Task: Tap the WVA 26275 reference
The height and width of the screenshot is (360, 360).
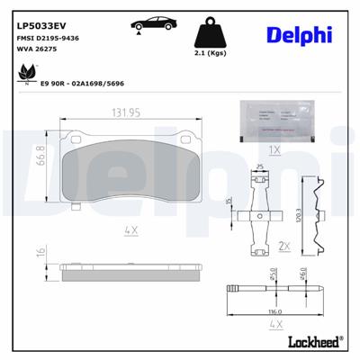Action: [x=35, y=49]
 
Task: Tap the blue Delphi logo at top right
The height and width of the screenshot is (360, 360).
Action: [x=300, y=35]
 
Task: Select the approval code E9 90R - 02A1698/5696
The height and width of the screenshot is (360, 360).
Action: [x=82, y=82]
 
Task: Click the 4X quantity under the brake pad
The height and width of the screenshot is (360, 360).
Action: [x=132, y=230]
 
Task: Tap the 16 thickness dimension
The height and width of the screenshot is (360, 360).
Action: [x=40, y=253]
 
